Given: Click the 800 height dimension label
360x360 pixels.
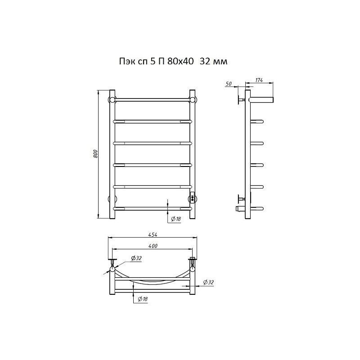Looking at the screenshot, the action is pos(95,153).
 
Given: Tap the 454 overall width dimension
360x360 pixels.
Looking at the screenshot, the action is pos(153,234).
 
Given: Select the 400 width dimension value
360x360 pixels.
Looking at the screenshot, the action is pos(153,246).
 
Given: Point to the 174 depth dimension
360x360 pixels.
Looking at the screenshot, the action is pos(259,80).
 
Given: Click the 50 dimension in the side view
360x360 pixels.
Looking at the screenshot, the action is pos(229,84).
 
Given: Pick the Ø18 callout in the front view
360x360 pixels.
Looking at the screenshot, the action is pos(176,219).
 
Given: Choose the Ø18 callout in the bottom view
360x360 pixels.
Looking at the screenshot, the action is pos(143,299).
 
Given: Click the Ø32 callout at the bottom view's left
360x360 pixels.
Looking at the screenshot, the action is pos(136,258).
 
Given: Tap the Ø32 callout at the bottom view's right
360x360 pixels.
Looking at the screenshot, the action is pos(208,282).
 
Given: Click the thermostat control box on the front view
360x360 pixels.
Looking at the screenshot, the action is pos(192,198).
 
